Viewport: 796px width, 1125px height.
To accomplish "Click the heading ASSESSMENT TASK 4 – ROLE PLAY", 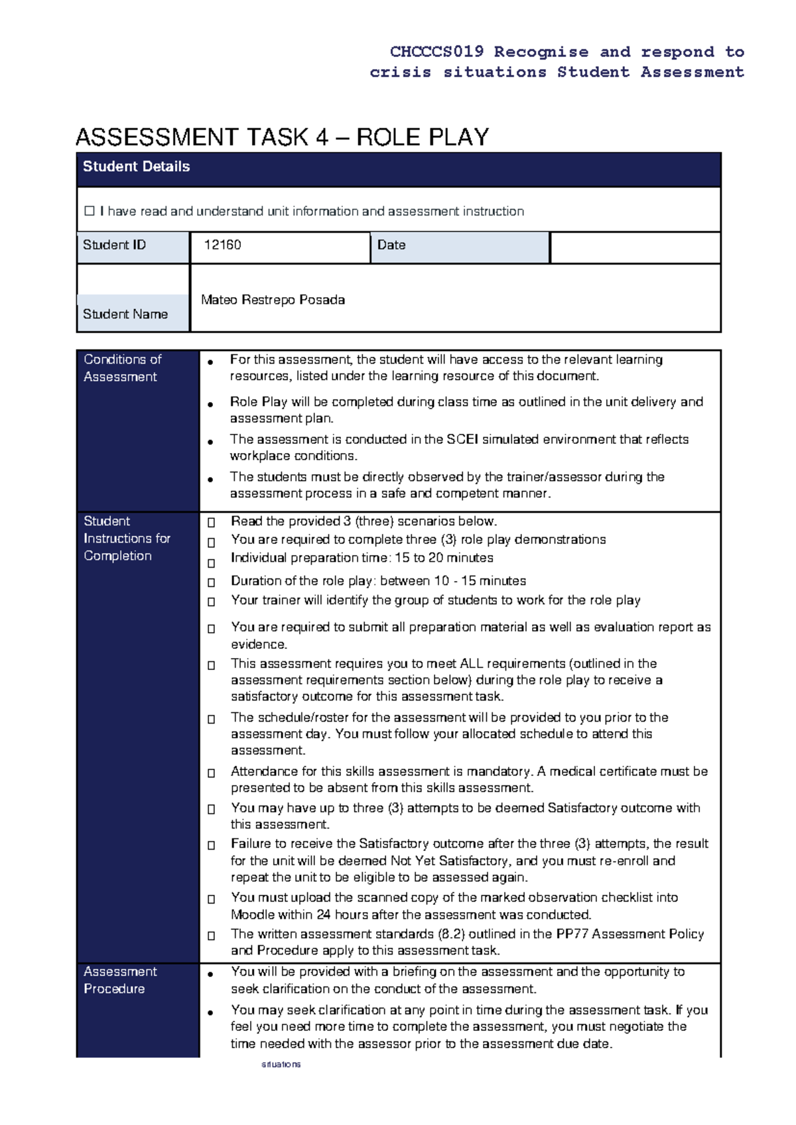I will pos(282,137).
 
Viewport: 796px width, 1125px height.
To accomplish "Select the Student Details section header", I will pos(136,166).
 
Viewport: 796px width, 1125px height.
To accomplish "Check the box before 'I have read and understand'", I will pos(90,211).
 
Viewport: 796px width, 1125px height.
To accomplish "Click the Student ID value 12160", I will pos(222,245).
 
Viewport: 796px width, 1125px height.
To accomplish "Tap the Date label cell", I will pos(391,245).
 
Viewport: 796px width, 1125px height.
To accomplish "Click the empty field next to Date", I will pos(635,247).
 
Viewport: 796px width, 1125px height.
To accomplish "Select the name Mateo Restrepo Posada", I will pos(273,300).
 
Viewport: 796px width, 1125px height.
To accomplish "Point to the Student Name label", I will pos(125,314).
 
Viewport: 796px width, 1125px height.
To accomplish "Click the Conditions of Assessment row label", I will pos(122,368).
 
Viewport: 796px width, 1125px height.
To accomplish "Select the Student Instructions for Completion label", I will pos(126,538).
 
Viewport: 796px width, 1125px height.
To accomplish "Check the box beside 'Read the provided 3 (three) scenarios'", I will pos(211,523).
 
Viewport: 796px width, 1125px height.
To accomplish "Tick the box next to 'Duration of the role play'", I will pos(211,582).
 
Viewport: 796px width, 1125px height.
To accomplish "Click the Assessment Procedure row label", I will pos(119,980).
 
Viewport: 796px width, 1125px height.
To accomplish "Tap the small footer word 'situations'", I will pos(281,1064).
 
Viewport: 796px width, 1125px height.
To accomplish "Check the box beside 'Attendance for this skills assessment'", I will pos(211,773).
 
